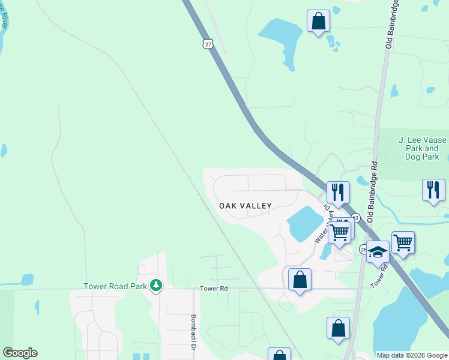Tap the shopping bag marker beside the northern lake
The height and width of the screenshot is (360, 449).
coord(318,22)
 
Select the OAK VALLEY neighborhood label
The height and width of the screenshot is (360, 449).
coord(245,206)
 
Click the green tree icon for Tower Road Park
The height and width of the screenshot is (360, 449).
coord(156,284)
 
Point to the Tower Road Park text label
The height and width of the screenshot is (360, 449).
coord(115,286)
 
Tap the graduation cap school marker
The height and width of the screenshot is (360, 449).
coord(378,252)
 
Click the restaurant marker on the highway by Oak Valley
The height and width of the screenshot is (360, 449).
coord(338,193)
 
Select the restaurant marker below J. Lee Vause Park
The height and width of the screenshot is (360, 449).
coord(433,190)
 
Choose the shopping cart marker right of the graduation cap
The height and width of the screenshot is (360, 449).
coord(403,242)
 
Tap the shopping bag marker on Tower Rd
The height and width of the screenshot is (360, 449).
coord(300,280)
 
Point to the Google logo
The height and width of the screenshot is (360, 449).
coord(20,353)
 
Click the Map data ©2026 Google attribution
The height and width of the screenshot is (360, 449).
coord(411,355)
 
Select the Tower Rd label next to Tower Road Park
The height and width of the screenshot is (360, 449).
coord(214,289)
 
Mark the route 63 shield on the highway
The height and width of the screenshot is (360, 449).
coord(356,217)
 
